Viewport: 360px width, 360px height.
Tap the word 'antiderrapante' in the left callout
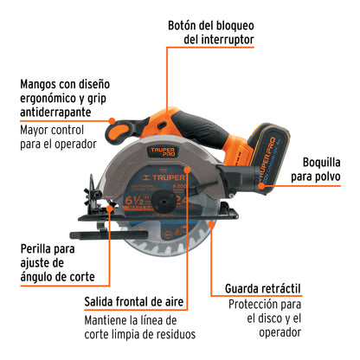tap(66, 112)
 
